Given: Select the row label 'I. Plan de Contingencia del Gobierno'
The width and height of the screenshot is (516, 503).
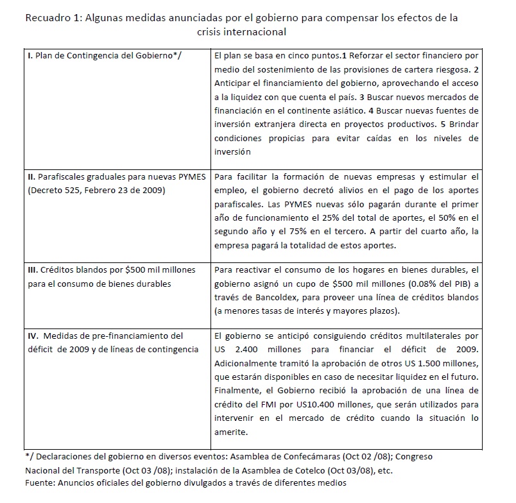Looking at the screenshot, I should point(105,56).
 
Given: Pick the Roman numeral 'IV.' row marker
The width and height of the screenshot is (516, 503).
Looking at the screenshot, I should point(35,335).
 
